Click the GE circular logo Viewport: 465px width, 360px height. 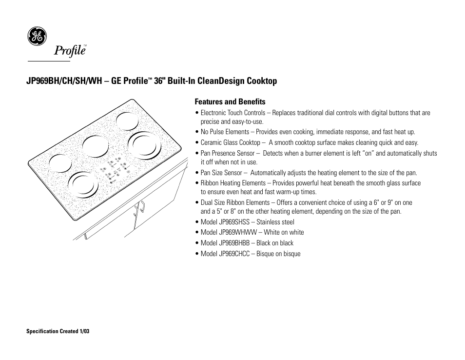tap(37, 37)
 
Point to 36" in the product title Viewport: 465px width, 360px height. tap(159, 81)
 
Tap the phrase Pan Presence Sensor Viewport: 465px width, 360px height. tap(228, 153)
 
